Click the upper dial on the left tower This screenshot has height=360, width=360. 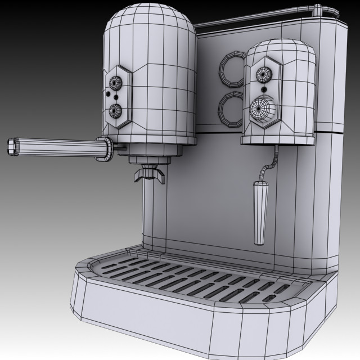click(x=115, y=83)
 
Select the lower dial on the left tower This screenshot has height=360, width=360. click(x=116, y=110)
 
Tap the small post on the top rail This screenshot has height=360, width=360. click(x=318, y=10)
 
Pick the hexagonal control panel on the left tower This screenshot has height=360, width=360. click(x=117, y=96)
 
